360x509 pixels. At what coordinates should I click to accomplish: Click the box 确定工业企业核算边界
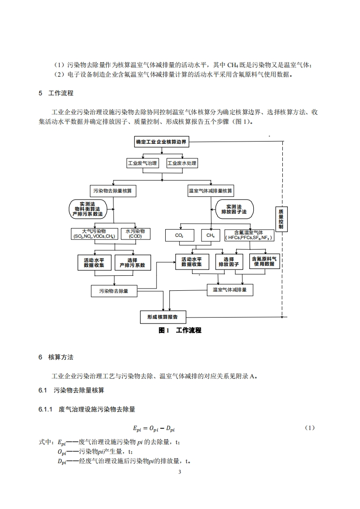(x=161, y=142)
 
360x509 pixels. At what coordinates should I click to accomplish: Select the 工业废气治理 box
(x=143, y=163)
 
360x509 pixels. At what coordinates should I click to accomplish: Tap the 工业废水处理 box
(x=182, y=163)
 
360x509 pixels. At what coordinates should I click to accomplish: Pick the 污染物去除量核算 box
(x=113, y=191)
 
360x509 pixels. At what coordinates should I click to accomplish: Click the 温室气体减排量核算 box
(x=211, y=191)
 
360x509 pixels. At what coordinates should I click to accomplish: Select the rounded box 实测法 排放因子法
(x=234, y=209)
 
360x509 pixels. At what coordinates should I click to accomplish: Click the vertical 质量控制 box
(x=281, y=220)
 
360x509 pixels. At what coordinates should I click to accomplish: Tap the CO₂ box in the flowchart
(x=179, y=235)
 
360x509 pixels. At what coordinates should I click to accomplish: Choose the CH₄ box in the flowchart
(x=210, y=235)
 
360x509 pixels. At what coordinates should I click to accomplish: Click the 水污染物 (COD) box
(x=135, y=234)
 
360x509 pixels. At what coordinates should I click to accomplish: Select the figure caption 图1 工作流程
(x=180, y=330)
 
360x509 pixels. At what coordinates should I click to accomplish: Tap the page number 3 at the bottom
(x=180, y=472)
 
